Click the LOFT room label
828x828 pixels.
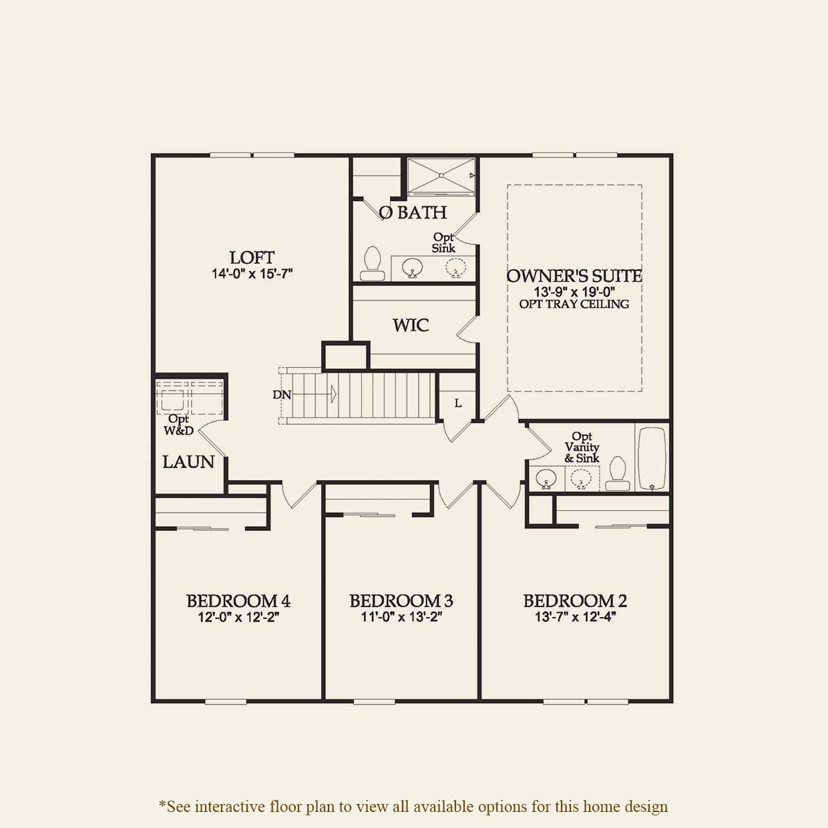pyautogui.click(x=252, y=257)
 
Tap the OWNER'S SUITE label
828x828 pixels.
pyautogui.click(x=574, y=276)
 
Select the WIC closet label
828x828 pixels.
pyautogui.click(x=411, y=325)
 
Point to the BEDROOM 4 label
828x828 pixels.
pyautogui.click(x=238, y=601)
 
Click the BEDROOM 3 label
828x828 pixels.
pyautogui.click(x=401, y=601)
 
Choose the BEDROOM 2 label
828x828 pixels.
pyautogui.click(x=575, y=601)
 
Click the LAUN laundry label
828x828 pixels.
pyautogui.click(x=188, y=461)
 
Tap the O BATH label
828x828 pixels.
pyautogui.click(x=413, y=212)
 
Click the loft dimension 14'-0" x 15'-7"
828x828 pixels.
pyautogui.click(x=252, y=274)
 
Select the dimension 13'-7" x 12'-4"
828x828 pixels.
pyautogui.click(x=575, y=617)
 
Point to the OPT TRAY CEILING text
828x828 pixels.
pyautogui.click(x=574, y=304)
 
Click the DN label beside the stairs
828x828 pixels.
pyautogui.click(x=282, y=395)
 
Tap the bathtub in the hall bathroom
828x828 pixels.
pyautogui.click(x=652, y=458)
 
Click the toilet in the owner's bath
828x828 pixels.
pyautogui.click(x=372, y=264)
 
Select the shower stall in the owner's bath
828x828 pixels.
pyautogui.click(x=441, y=176)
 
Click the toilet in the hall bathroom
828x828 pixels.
pyautogui.click(x=618, y=473)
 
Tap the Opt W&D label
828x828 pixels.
pyautogui.click(x=179, y=425)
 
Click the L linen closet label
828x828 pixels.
pyautogui.click(x=458, y=403)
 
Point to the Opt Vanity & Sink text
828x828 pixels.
pyautogui.click(x=582, y=447)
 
